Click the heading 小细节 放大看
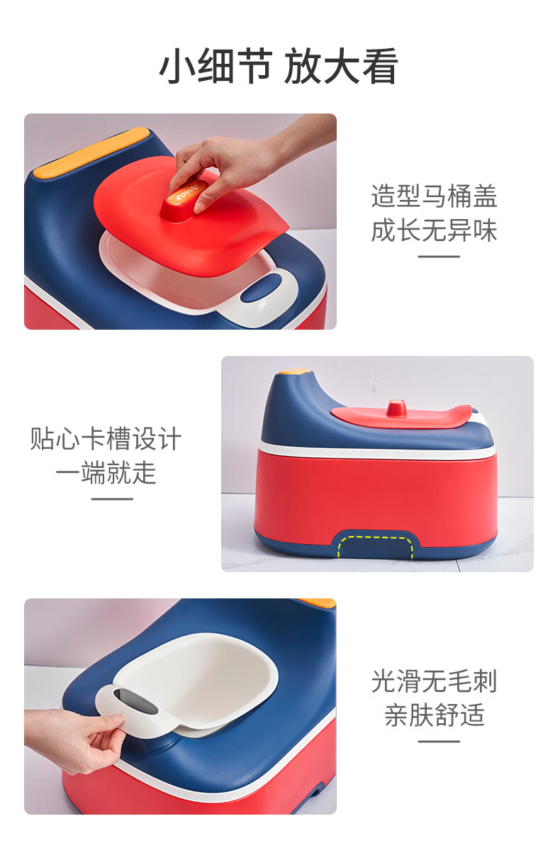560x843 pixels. (279, 66)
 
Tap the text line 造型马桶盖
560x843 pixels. (435, 196)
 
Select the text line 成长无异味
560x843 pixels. (435, 230)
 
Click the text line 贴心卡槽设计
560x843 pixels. (106, 439)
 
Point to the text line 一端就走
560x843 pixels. (106, 473)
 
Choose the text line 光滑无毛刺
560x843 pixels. (435, 681)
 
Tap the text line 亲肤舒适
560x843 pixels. (435, 715)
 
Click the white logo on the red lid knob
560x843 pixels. (186, 193)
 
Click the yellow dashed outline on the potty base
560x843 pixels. (375, 546)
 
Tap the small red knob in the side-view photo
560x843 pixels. (396, 408)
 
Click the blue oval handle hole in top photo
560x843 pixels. (262, 288)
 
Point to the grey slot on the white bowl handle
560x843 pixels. (135, 700)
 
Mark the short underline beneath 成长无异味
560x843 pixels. (439, 257)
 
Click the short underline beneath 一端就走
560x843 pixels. (112, 499)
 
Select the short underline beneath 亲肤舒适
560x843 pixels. (439, 742)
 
